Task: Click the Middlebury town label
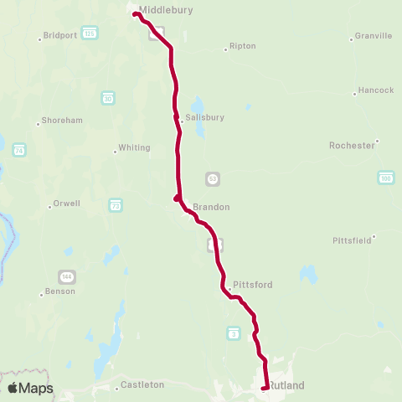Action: coord(166,10)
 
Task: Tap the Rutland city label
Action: coord(286,385)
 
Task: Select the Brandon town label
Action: coord(210,207)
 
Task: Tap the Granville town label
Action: coord(373,36)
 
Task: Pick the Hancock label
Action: coord(374,90)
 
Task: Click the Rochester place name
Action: coord(352,145)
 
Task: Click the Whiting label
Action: coord(134,147)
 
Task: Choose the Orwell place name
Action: coord(66,203)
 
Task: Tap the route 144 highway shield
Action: coord(66,276)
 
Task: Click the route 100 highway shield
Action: coord(385,178)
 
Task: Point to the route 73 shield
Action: coord(115,204)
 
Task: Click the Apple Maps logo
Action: coord(30,388)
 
